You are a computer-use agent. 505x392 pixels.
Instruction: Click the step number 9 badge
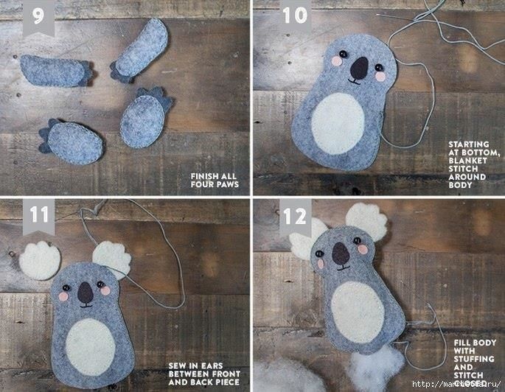38,18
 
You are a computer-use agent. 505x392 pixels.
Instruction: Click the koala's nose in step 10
359,69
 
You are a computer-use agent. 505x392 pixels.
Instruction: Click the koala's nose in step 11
86,292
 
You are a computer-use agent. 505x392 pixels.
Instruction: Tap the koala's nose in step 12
340,254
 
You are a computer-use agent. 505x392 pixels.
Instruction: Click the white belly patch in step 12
359,312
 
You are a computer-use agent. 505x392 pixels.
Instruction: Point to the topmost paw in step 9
142,49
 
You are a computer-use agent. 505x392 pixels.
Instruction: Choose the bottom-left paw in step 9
70,141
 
